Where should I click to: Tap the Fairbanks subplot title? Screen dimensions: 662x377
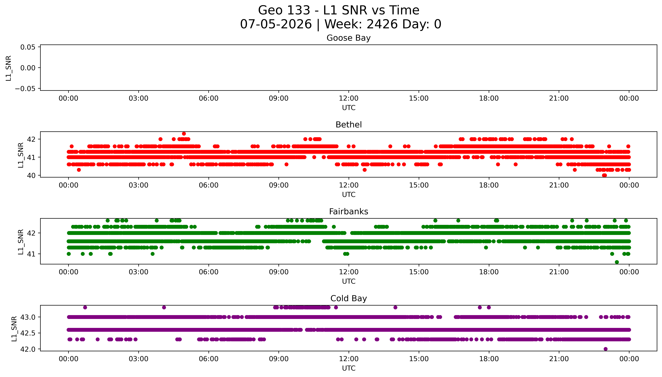point(348,212)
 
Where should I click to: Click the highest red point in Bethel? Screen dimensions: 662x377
point(184,134)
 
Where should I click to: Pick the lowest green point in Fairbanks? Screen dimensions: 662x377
point(617,262)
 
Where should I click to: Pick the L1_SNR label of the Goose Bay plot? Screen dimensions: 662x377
point(9,68)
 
